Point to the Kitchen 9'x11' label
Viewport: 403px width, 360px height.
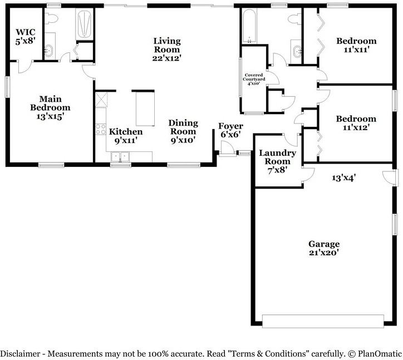coord(126,136)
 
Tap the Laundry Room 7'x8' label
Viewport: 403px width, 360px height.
coord(277,161)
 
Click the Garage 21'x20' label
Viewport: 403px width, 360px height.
coord(324,248)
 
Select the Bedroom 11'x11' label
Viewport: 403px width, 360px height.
coord(356,45)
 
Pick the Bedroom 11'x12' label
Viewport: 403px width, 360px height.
coord(356,123)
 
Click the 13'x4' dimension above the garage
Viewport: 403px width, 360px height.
coord(343,178)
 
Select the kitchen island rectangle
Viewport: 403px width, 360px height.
coord(144,109)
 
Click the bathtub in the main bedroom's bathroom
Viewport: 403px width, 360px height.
coord(85,24)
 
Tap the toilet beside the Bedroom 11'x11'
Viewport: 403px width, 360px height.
coord(292,19)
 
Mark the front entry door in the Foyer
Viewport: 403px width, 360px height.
coord(226,149)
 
